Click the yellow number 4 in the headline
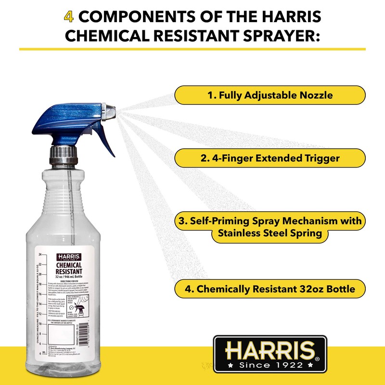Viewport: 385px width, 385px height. tap(68, 18)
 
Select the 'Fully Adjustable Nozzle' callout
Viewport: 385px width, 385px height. tap(269, 95)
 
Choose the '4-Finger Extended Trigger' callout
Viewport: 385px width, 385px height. tap(269, 158)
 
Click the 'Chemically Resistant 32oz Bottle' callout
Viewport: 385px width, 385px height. tap(269, 289)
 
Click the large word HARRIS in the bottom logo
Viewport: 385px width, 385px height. tap(270, 349)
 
